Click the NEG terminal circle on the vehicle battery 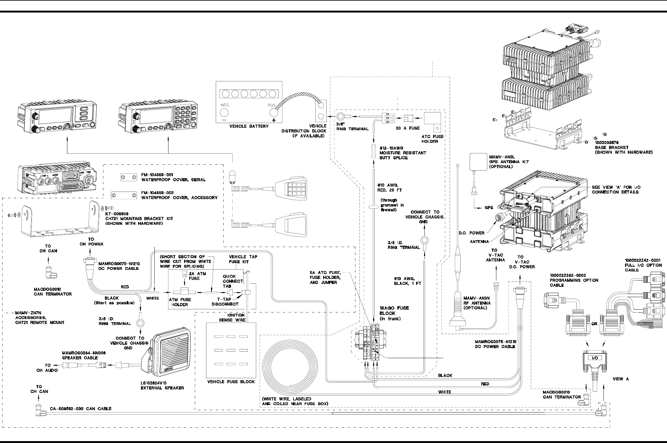[225, 113]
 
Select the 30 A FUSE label [407, 128]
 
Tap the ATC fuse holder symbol [432, 121]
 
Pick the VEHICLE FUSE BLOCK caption [231, 382]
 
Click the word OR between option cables [594, 324]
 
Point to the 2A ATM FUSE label [197, 276]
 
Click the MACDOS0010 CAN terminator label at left [53, 292]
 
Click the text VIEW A [621, 379]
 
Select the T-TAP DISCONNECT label [225, 301]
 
